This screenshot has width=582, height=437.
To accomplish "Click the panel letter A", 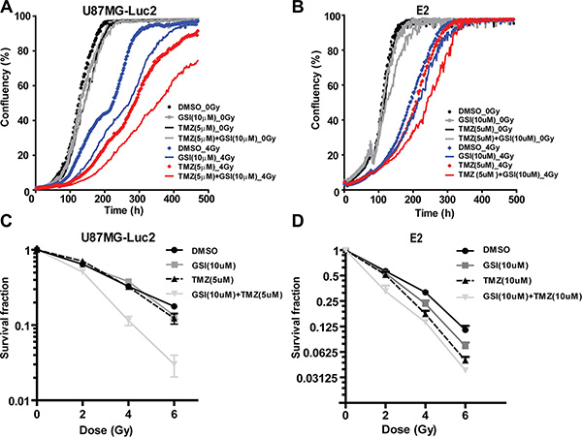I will click(x=8, y=8).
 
